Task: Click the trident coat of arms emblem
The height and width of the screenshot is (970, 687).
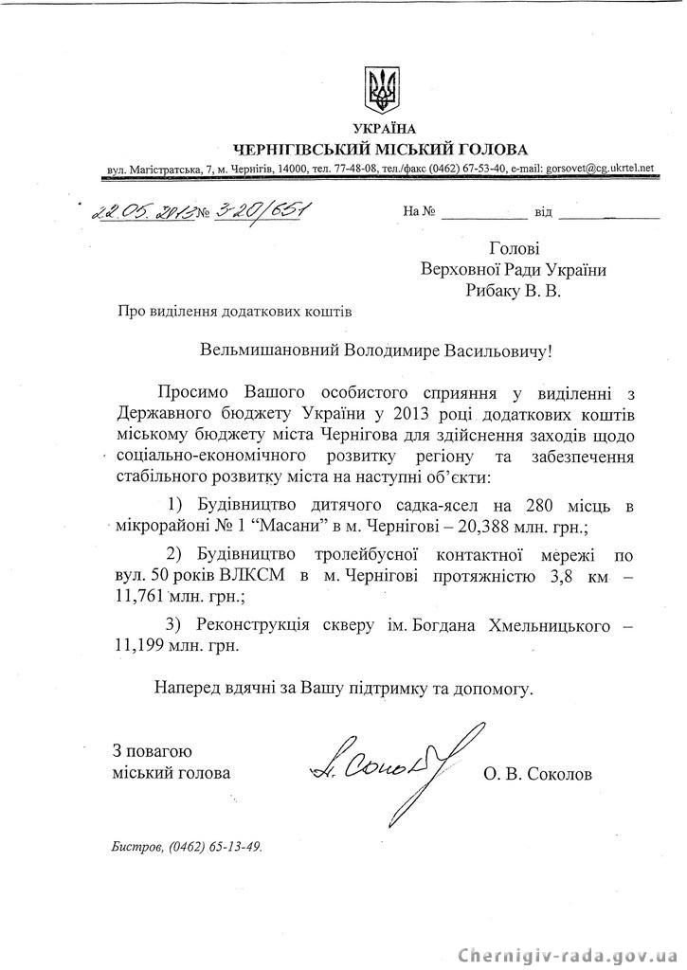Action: pos(382,88)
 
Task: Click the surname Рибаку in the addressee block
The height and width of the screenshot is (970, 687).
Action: pos(493,293)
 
